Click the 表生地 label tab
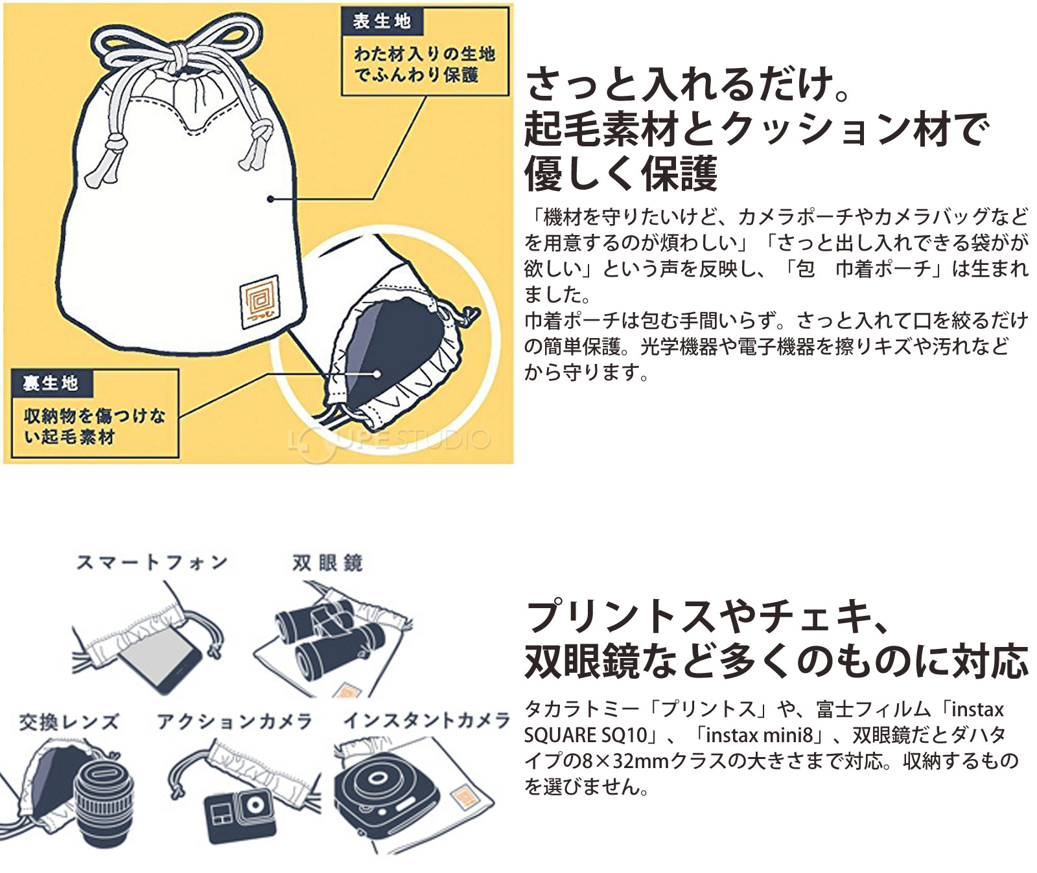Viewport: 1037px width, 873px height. tap(382, 21)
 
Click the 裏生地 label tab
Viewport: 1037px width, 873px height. tap(51, 383)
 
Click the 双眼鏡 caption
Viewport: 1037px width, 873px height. tap(327, 562)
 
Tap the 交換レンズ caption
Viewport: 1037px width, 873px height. tap(69, 721)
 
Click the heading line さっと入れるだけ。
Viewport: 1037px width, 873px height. tap(687, 85)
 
